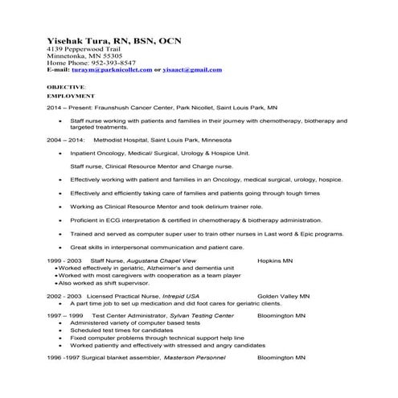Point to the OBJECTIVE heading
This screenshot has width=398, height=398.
coord(64,85)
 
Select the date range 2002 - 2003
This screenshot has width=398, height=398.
coord(64,296)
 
